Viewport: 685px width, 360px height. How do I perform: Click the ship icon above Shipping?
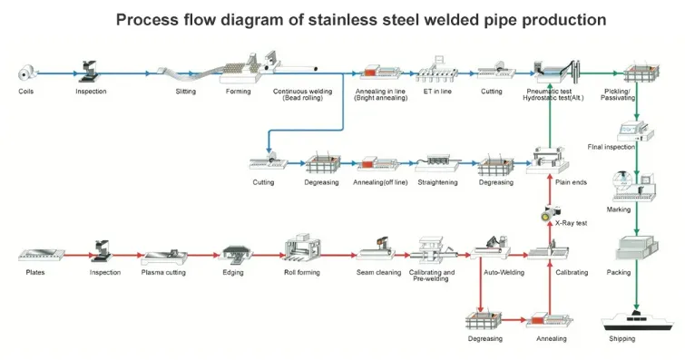[x=638, y=322]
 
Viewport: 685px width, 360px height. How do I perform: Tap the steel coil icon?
[x=27, y=73]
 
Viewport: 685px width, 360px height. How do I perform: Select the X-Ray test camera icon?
[x=550, y=213]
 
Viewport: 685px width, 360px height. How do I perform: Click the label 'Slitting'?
[x=186, y=92]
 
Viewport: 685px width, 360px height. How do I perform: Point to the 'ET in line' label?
[x=437, y=92]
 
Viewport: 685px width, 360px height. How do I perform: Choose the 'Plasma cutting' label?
[x=163, y=272]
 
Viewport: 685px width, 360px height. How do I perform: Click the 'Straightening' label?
[x=437, y=182]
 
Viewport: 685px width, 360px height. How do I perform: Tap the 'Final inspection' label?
[x=612, y=147]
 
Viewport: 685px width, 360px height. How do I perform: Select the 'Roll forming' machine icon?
[x=303, y=248]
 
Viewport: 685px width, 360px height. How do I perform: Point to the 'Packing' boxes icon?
[x=637, y=248]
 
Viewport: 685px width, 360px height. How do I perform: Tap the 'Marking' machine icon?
[x=634, y=187]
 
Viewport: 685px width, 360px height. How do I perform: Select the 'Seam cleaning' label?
[x=378, y=272]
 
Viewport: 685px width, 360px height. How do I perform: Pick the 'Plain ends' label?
[x=571, y=182]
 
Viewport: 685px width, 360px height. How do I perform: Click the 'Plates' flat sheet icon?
[x=42, y=255]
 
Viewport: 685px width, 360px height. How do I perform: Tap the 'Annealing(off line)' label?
[x=380, y=182]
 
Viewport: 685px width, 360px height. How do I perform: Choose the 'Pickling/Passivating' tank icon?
[x=641, y=73]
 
